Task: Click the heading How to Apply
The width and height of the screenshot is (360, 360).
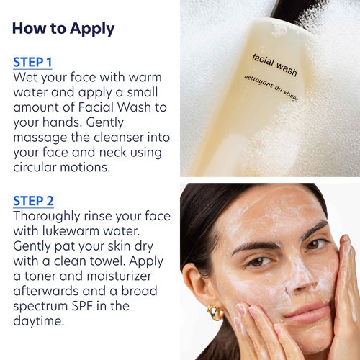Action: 63,29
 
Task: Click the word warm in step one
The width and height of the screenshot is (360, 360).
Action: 143,77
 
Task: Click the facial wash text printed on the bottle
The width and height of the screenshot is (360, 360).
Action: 274,62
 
